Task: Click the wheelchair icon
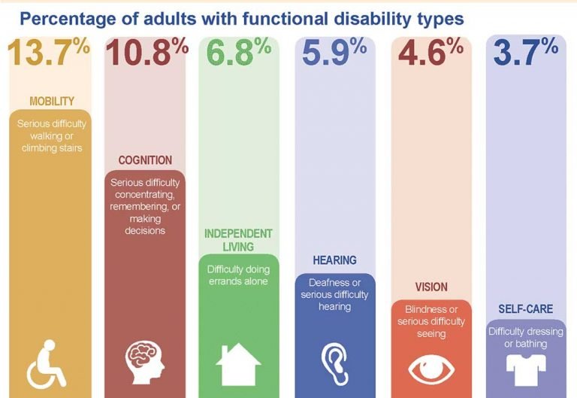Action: (47, 363)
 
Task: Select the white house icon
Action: (238, 364)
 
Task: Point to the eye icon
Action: (430, 367)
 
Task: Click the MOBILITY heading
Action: (51, 101)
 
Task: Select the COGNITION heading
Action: (145, 160)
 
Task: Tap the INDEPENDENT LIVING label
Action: (238, 240)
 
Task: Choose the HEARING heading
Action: (334, 260)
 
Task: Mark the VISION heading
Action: (430, 287)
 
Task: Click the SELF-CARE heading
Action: (526, 309)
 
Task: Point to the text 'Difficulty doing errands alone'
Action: (238, 275)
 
